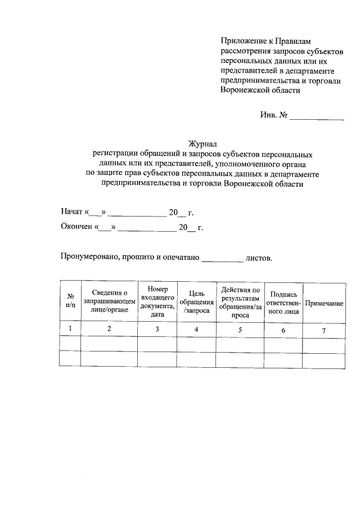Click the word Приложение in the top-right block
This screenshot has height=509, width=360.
pyautogui.click(x=241, y=40)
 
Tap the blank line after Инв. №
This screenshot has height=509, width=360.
pyautogui.click(x=316, y=116)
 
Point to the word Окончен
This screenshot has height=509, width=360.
pyautogui.click(x=77, y=227)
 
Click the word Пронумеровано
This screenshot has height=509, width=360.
pyautogui.click(x=88, y=258)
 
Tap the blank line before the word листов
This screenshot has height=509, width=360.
pyautogui.click(x=222, y=259)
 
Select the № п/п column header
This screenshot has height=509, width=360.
pyautogui.click(x=70, y=300)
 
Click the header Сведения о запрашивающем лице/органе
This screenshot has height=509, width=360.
pyautogui.click(x=110, y=301)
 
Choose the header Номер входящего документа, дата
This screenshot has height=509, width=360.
pyautogui.click(x=157, y=300)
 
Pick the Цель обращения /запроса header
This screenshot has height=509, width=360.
pyautogui.click(x=196, y=301)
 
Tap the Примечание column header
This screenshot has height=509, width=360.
pyautogui.click(x=324, y=303)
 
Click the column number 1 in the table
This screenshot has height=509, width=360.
pyautogui.click(x=70, y=328)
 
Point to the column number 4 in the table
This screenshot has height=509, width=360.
pyautogui.click(x=196, y=329)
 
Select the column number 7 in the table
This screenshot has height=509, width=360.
pyautogui.click(x=324, y=330)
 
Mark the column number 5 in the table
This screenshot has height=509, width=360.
pyautogui.click(x=240, y=330)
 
